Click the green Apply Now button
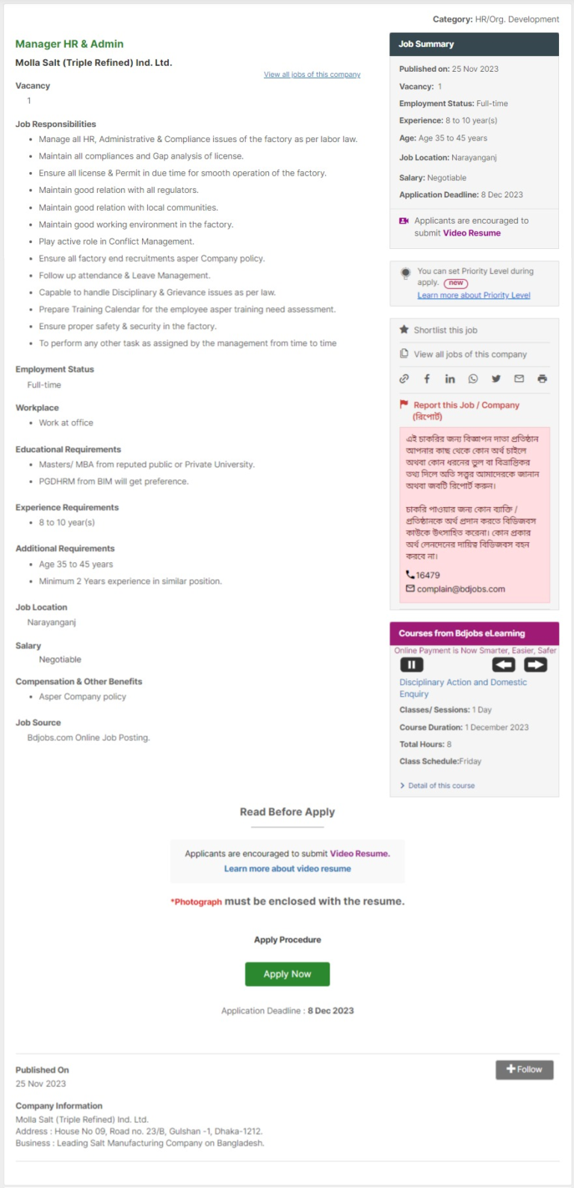pos(287,974)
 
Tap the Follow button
pos(524,1069)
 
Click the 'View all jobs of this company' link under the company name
pos(312,75)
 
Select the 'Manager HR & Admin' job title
pos(70,44)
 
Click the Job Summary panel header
pos(474,44)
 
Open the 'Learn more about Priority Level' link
pos(474,295)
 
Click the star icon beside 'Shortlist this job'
pos(404,330)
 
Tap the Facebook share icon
pos(427,379)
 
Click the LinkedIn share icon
pos(450,379)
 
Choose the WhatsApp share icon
pos(473,379)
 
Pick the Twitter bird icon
pos(496,379)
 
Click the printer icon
pos(542,379)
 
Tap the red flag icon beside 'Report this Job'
pos(404,404)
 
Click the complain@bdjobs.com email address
pos(460,589)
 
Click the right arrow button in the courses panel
pos(535,665)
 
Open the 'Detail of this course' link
pos(441,786)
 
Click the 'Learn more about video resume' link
pos(287,869)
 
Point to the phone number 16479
pos(428,575)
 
